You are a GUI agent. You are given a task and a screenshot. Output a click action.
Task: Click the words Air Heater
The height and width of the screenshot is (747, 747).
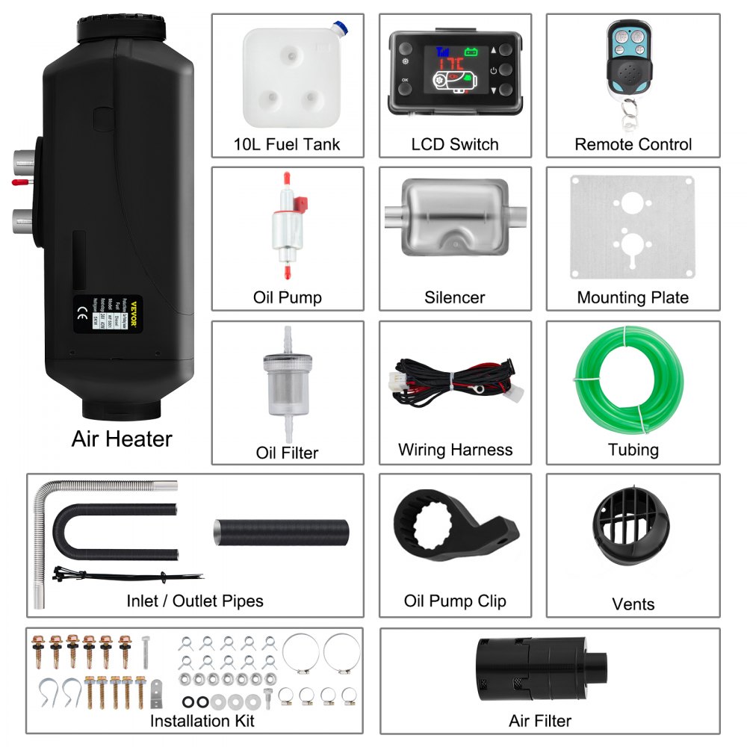pos(122,438)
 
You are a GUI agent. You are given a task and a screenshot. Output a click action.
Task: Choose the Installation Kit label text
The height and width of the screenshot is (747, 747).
pos(202,720)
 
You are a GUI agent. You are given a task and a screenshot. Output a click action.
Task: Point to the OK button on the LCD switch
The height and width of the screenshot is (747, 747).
pos(405,78)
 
